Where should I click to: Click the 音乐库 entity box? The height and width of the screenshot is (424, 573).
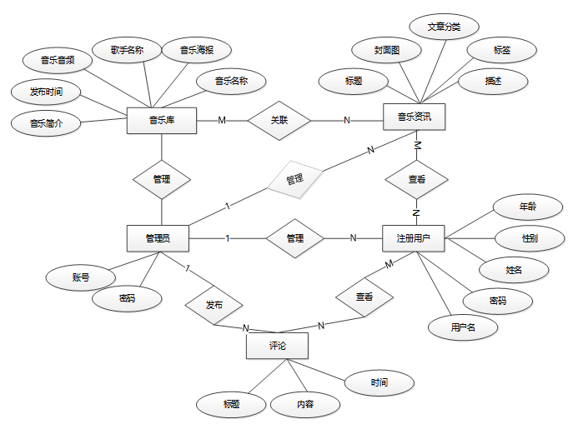[x=160, y=121]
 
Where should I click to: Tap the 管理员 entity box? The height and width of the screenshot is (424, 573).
[x=157, y=238]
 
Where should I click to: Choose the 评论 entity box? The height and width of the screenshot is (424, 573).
[x=277, y=345]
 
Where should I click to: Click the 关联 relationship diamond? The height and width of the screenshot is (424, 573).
[x=279, y=121]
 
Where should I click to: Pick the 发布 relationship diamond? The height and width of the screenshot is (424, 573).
[x=214, y=305]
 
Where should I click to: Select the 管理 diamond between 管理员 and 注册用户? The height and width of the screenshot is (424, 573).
[x=294, y=238]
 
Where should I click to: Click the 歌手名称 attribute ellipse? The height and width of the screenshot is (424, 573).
[x=127, y=51]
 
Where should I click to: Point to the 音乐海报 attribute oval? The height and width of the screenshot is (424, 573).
[x=196, y=51]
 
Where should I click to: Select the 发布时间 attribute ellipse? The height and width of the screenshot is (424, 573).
[x=46, y=91]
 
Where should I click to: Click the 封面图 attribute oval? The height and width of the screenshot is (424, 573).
[x=387, y=51]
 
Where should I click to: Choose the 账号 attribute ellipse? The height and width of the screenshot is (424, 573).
[x=80, y=278]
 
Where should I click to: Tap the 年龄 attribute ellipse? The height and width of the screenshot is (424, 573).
[x=527, y=206]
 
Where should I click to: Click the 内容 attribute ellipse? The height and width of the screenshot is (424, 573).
[x=305, y=405]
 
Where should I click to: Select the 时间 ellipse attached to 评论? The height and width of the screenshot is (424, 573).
[x=379, y=383]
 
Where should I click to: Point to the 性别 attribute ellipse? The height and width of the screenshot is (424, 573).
[x=529, y=238]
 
